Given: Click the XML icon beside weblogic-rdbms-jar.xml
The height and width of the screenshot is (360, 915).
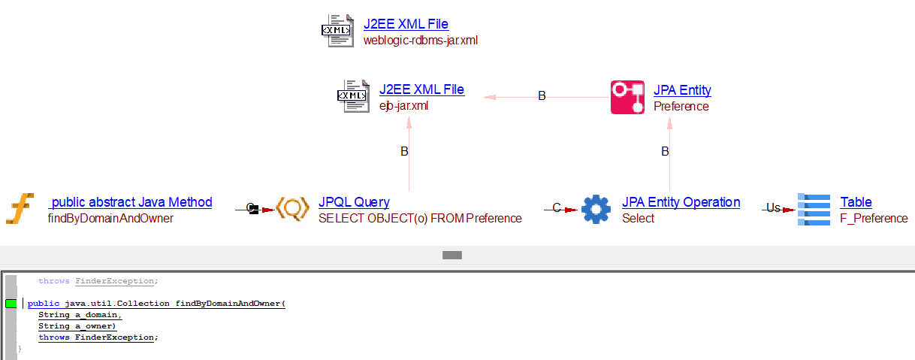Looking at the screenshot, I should [x=336, y=31].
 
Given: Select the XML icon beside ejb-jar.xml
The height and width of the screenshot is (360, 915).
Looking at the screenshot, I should [x=352, y=96].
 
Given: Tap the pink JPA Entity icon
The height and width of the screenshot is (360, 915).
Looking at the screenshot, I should [x=627, y=97].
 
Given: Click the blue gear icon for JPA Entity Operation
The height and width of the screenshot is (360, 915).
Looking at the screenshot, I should [x=596, y=209].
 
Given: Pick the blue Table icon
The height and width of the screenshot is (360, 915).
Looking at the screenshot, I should [x=814, y=209].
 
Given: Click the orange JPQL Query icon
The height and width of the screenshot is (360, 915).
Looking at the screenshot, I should [x=292, y=208].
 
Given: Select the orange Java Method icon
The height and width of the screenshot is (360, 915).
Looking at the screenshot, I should [x=20, y=208].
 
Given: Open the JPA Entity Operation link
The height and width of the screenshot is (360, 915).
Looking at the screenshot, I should [x=681, y=202].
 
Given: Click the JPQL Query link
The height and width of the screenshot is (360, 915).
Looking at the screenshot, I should [x=354, y=202].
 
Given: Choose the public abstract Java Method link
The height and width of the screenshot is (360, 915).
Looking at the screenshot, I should [x=131, y=202].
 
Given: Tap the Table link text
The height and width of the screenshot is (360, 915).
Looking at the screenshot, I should [x=856, y=202].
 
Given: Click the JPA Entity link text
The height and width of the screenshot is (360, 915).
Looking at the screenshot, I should [x=682, y=90].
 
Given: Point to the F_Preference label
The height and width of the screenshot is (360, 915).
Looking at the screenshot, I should [x=874, y=219].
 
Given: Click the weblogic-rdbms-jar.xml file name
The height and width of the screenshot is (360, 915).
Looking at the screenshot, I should [x=420, y=41].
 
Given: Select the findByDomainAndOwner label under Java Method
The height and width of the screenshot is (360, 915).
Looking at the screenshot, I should [x=110, y=219].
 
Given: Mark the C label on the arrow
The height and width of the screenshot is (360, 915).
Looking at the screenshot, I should [x=556, y=208].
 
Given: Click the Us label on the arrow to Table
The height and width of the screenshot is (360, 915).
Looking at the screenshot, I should [x=773, y=208].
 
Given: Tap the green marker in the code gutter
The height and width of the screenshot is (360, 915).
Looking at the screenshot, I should [x=11, y=304].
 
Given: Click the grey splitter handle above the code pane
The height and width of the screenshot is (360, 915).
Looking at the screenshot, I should [x=451, y=256].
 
